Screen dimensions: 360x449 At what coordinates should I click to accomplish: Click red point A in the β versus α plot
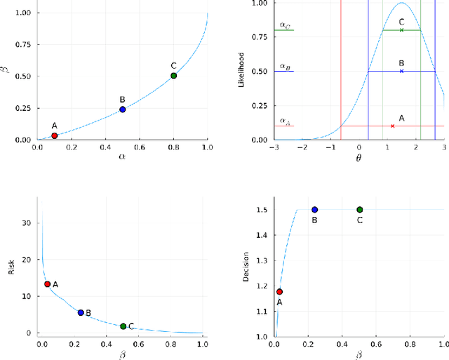pos(54,135)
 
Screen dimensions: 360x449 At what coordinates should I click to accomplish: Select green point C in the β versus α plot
pos(173,76)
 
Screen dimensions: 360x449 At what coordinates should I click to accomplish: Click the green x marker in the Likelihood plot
pos(401,30)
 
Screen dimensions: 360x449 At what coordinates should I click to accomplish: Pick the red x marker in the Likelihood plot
pos(392,126)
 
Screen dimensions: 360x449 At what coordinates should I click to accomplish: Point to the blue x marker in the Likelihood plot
pos(401,71)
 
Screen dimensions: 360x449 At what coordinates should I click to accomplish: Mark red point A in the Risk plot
pos(47,284)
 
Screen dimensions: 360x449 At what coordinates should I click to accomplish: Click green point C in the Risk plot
pos(123,326)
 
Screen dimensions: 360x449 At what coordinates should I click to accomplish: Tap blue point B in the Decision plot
pos(315,210)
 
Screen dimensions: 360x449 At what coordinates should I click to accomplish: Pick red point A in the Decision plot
pos(279,292)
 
